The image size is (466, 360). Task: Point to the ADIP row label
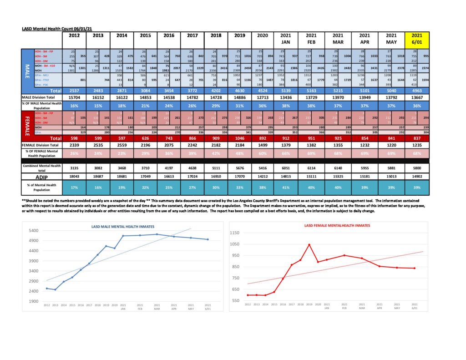(x=42, y=176)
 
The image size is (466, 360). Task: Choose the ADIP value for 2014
(x=122, y=176)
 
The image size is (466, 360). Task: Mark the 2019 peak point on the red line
(x=309, y=244)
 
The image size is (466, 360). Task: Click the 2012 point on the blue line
(x=47, y=289)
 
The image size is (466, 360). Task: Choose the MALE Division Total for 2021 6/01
(x=417, y=97)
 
